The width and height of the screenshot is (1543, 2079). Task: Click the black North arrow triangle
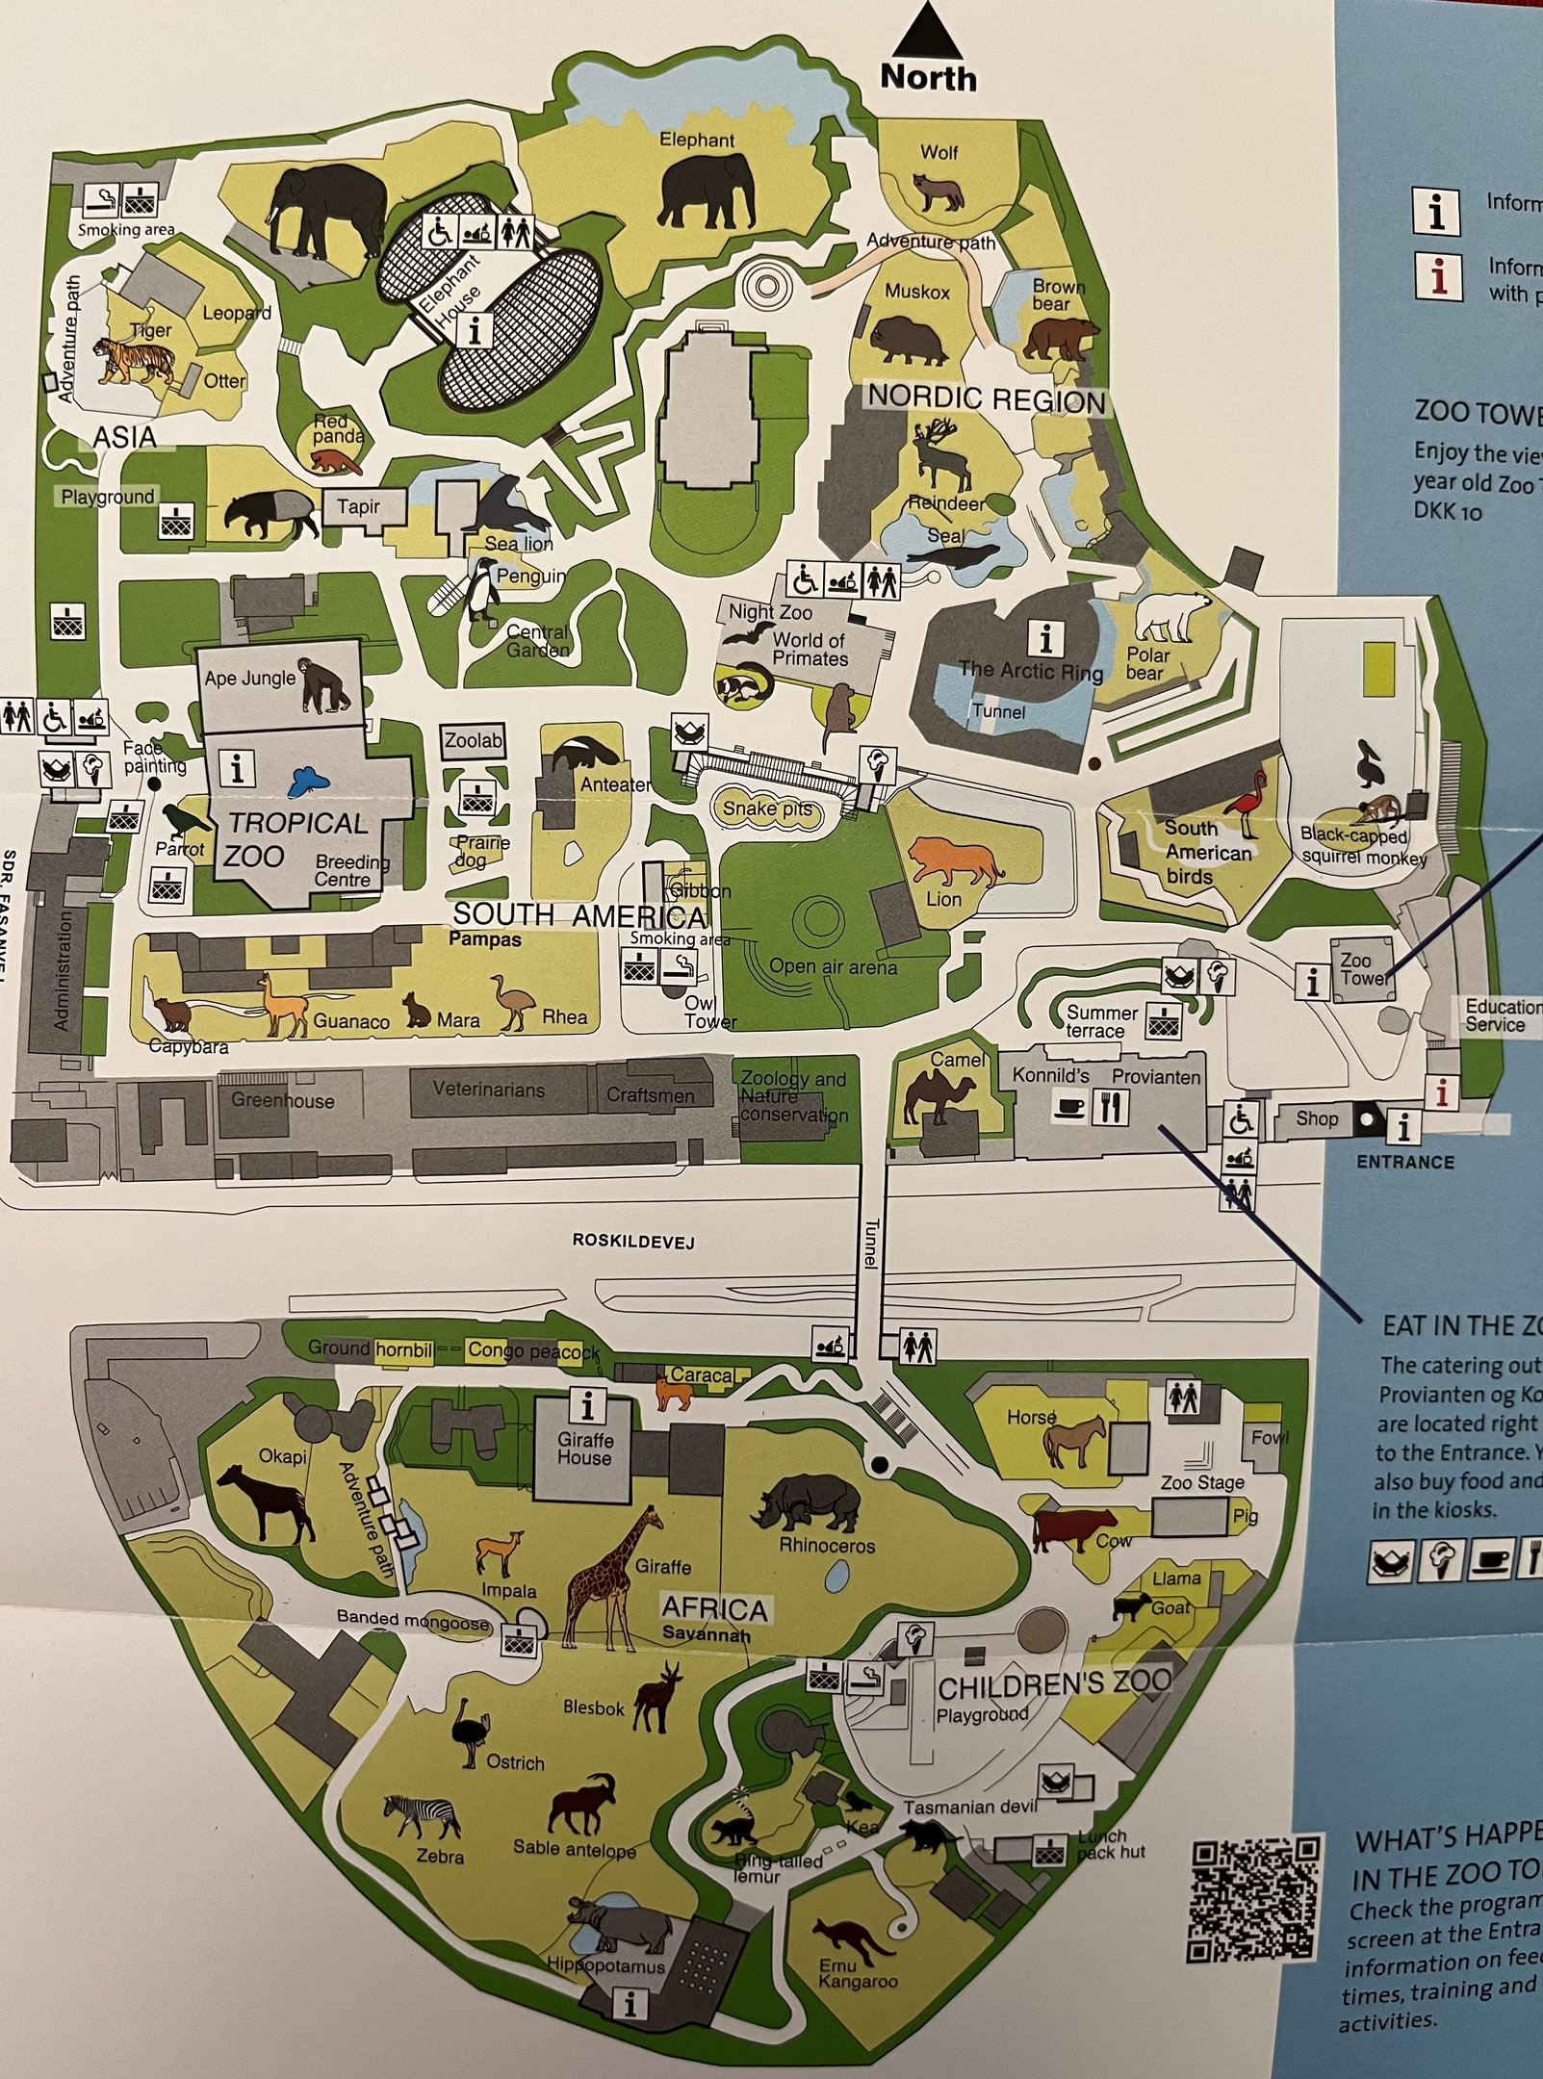[927, 33]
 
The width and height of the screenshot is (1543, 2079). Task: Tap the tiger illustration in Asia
[135, 361]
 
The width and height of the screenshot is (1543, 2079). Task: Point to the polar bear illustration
[1170, 615]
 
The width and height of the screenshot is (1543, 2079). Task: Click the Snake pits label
[766, 808]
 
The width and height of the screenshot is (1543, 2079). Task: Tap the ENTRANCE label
[1404, 1162]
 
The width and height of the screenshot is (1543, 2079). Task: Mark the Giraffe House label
[584, 1449]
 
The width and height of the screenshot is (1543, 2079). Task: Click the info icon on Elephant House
[476, 330]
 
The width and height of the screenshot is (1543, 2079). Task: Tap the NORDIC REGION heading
[987, 398]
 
